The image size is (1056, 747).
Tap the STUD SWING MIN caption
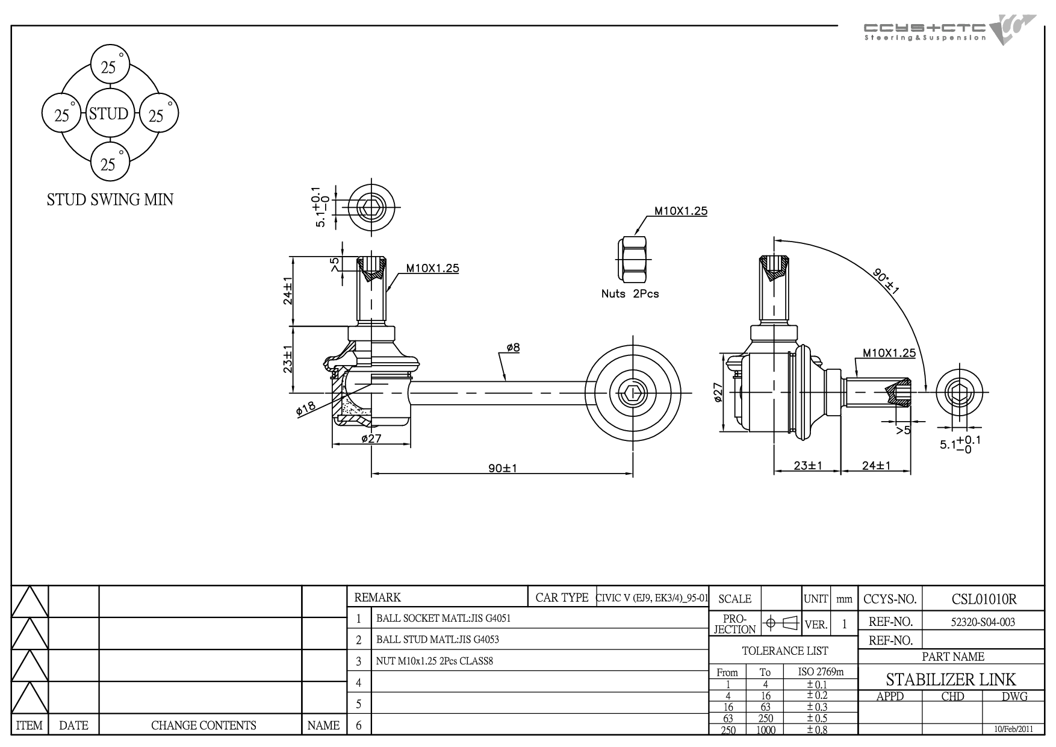pyautogui.click(x=110, y=200)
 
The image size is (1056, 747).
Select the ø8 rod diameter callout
pyautogui.click(x=514, y=347)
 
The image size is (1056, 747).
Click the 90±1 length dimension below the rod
pyautogui.click(x=503, y=468)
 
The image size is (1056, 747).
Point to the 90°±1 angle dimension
pyautogui.click(x=886, y=281)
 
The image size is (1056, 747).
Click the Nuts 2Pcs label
pyautogui.click(x=630, y=294)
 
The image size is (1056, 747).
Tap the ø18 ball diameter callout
pyautogui.click(x=306, y=409)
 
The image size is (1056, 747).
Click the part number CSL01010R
pyautogui.click(x=984, y=599)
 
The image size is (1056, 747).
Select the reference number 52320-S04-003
pyautogui.click(x=983, y=622)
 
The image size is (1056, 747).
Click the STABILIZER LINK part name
pyautogui.click(x=951, y=680)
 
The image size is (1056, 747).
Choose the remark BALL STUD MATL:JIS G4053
pyautogui.click(x=438, y=640)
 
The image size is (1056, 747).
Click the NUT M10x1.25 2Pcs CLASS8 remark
pyautogui.click(x=435, y=661)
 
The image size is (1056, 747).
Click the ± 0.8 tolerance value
pyautogui.click(x=818, y=730)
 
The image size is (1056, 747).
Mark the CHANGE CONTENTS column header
pyautogui.click(x=203, y=726)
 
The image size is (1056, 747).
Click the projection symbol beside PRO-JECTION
pyautogui.click(x=780, y=624)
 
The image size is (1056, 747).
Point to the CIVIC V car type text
pyautogui.click(x=652, y=599)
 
